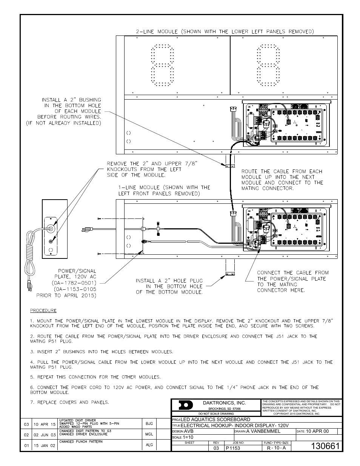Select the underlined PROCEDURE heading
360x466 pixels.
point(43,311)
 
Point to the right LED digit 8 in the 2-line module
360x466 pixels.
point(269,65)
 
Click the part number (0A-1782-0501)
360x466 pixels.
point(74,283)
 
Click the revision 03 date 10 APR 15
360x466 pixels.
point(45,424)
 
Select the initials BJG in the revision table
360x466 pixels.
point(149,424)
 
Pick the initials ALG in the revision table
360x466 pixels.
point(149,444)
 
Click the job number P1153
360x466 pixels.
point(233,448)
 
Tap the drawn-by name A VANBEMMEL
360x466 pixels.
point(263,431)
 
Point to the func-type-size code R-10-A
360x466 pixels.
point(276,448)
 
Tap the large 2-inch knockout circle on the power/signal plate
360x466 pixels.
point(50,228)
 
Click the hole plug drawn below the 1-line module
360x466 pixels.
point(230,273)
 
